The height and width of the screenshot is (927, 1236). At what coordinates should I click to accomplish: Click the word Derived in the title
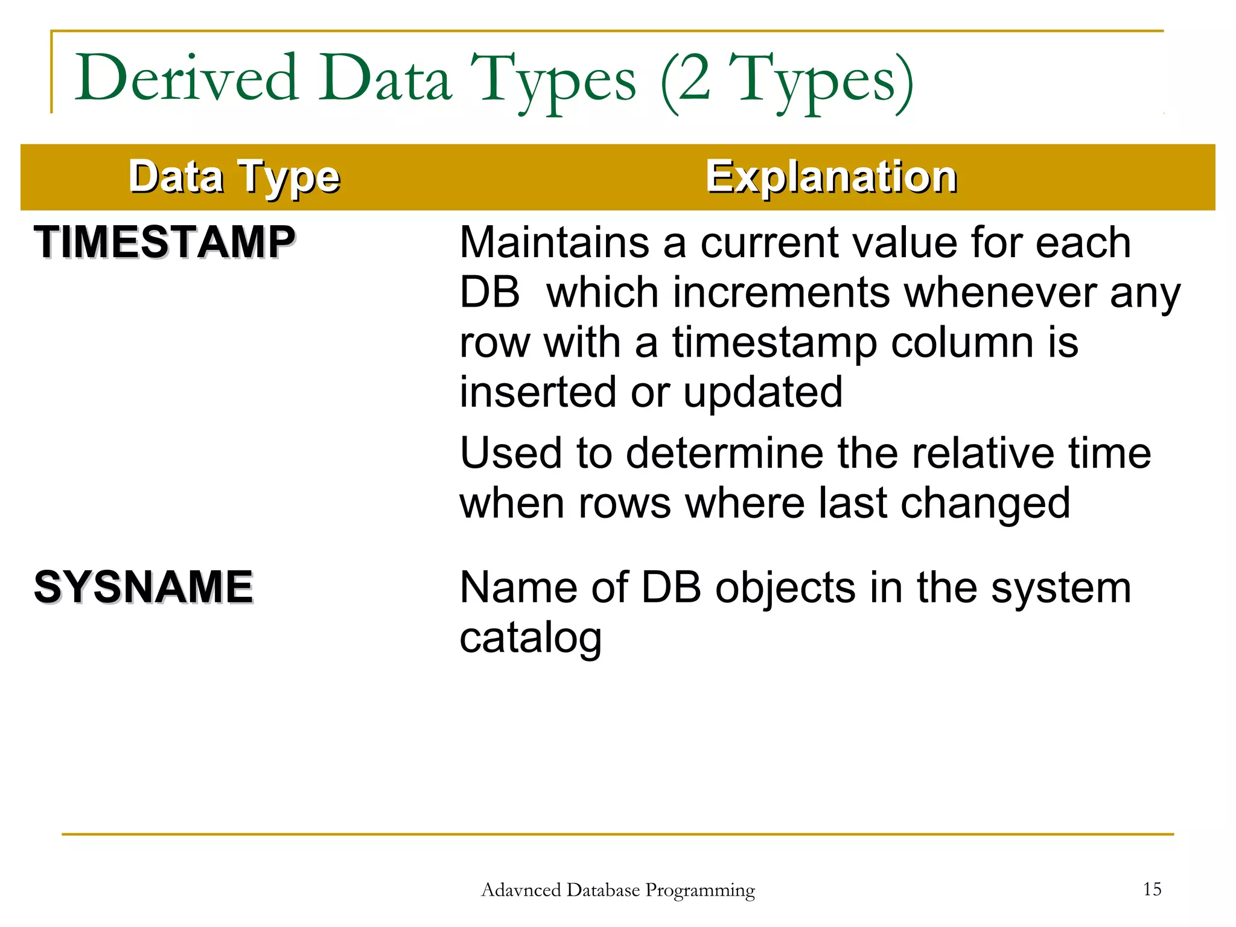(187, 78)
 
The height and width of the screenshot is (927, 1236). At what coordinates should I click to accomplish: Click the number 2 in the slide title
(694, 78)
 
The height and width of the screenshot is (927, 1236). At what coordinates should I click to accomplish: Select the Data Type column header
(234, 177)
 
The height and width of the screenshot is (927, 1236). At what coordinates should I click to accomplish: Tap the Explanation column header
(831, 177)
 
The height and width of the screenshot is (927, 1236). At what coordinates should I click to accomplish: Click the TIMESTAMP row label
(165, 242)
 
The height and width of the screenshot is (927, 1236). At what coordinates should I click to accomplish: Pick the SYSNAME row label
(144, 587)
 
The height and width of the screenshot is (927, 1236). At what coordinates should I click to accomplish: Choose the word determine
(724, 453)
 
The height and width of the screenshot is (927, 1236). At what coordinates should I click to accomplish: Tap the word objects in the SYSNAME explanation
(785, 588)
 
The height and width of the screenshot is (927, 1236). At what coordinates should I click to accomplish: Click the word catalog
(530, 639)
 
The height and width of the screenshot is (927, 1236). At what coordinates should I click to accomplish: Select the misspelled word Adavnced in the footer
(521, 890)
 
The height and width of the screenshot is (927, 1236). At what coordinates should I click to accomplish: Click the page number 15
(1152, 889)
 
